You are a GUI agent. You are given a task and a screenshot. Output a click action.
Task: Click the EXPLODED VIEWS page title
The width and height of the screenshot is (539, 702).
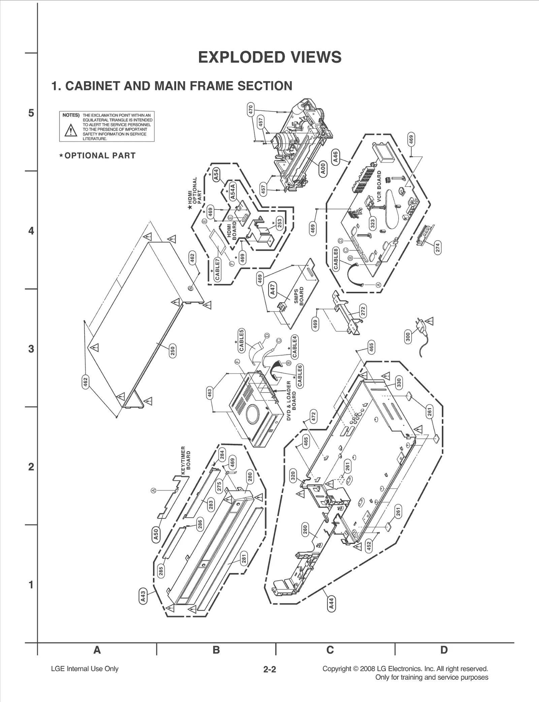269,57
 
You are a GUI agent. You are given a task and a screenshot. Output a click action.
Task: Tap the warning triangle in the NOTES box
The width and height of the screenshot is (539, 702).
71,130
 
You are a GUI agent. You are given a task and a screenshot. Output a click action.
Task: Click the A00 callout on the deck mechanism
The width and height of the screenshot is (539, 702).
323,169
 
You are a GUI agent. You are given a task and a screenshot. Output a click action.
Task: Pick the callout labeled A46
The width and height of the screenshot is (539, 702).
335,157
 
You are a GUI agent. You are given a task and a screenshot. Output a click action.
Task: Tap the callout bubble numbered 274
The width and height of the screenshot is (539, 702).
438,248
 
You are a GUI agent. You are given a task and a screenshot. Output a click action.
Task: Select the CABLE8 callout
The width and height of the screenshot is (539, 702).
336,259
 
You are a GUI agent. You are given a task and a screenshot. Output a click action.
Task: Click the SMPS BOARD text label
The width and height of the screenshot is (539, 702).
299,296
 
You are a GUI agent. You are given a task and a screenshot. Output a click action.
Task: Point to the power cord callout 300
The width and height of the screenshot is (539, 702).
408,337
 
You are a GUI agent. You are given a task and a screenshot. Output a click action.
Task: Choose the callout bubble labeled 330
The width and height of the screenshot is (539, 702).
399,383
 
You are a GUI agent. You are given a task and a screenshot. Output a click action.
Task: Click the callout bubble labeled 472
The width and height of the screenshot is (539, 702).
313,417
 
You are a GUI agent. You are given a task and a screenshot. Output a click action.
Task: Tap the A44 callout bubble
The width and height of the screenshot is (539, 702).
331,604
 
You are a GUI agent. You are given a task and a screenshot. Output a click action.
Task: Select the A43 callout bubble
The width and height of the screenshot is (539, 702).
143,596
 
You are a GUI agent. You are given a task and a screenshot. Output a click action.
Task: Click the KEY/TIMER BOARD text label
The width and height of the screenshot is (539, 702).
186,460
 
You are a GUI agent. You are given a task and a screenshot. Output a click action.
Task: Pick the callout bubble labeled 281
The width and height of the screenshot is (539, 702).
244,558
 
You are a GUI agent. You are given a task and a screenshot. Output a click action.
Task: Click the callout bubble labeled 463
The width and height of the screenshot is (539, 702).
210,393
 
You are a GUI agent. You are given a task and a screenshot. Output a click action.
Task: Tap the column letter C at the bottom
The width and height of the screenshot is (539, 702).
330,650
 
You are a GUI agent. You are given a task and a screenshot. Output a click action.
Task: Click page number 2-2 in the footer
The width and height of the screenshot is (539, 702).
269,669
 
